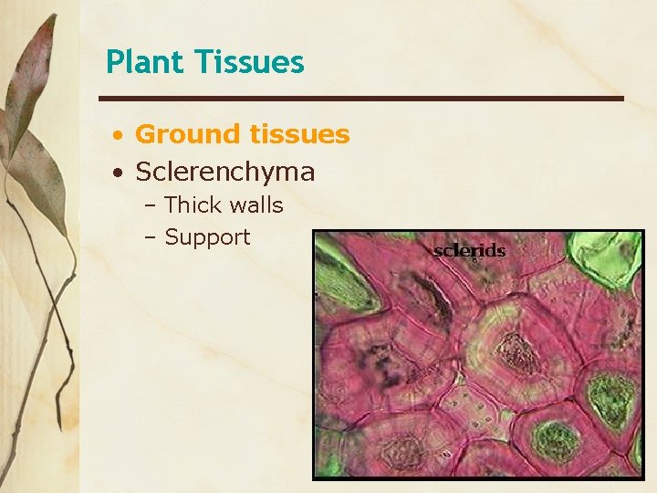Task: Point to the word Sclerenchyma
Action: coord(224,171)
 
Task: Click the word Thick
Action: coord(195,205)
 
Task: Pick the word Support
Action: coord(207,237)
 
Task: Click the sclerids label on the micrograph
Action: coord(469,249)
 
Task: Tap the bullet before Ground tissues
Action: coord(119,136)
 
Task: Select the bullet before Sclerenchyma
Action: coord(119,173)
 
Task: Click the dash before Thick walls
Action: coord(151,206)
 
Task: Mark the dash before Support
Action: coord(151,238)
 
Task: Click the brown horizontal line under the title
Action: coord(361,98)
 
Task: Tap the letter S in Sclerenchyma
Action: coord(144,171)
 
